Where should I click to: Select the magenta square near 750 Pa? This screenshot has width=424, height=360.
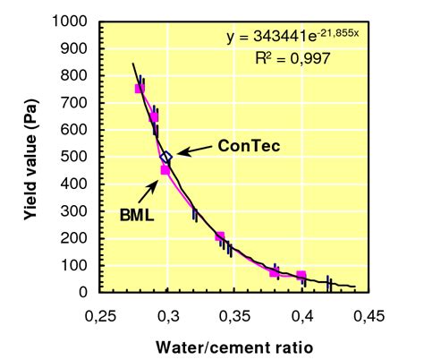tap(140, 88)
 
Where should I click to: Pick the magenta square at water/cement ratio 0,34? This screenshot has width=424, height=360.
tap(220, 236)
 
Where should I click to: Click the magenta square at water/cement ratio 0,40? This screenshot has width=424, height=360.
tap(301, 275)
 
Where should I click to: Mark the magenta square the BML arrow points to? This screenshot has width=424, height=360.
tap(165, 169)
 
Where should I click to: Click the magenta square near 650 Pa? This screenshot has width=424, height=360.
tap(154, 116)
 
